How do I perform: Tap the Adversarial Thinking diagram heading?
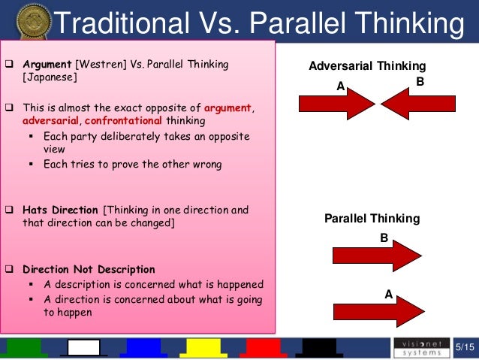pyautogui.click(x=367, y=66)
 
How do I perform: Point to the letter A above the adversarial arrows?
pyautogui.click(x=340, y=86)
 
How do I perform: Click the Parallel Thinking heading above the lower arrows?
pyautogui.click(x=372, y=219)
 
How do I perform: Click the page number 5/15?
pyautogui.click(x=465, y=346)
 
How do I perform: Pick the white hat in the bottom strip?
pyautogui.click(x=83, y=347)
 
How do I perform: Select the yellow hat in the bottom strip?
pyautogui.click(x=203, y=347)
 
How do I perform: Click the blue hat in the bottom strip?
pyautogui.click(x=143, y=347)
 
